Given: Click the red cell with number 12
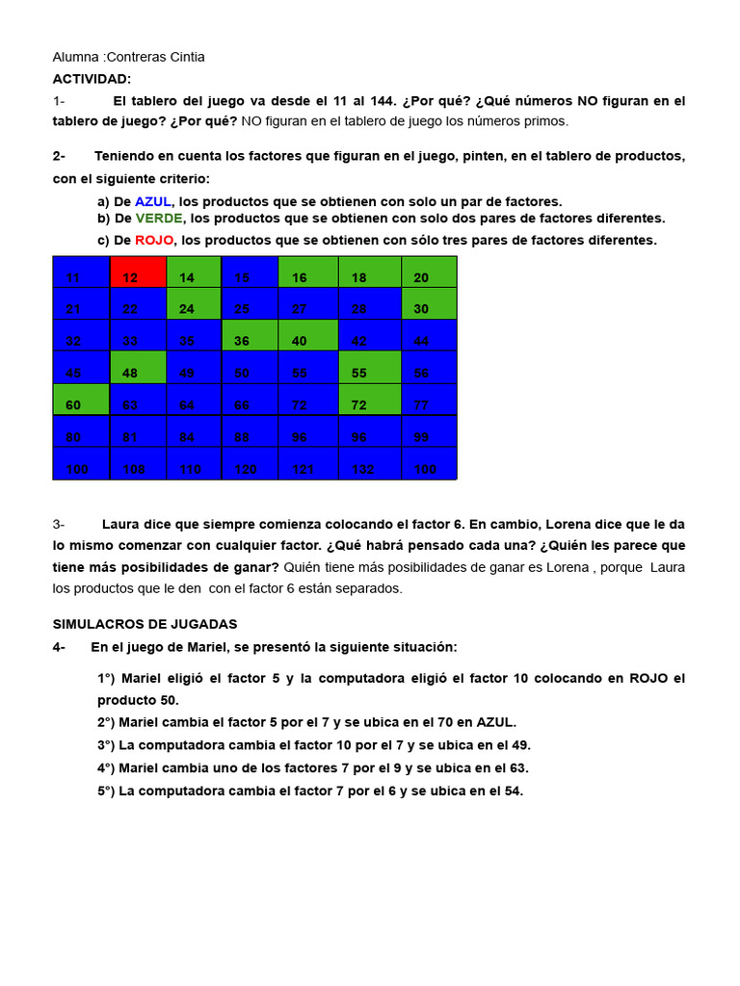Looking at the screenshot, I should [138, 272].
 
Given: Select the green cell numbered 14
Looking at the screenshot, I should [194, 272].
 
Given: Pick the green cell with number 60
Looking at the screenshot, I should [81, 400].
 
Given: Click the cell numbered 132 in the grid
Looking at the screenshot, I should [369, 463].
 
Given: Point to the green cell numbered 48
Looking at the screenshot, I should [138, 367].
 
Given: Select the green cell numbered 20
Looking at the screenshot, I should [429, 272].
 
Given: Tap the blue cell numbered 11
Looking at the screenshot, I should [81, 272].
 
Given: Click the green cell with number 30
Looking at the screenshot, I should [429, 303].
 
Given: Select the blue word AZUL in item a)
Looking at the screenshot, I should [153, 201].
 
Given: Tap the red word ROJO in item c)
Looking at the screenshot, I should [154, 240].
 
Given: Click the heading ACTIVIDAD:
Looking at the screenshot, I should [92, 78].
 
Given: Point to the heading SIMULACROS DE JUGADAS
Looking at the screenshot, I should [145, 624].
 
